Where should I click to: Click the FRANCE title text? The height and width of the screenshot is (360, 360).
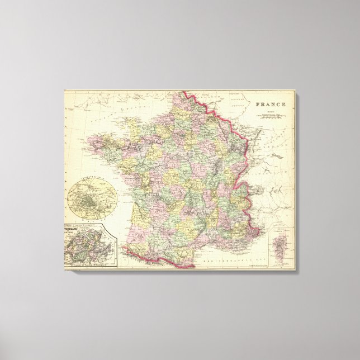[271, 104]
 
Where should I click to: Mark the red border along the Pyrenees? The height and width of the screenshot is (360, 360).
[157, 259]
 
